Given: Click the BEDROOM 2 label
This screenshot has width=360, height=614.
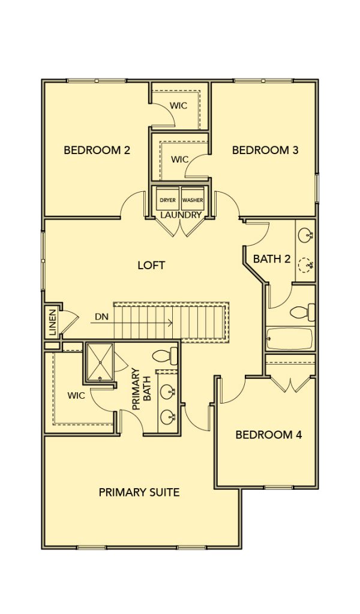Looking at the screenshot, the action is [x=97, y=150].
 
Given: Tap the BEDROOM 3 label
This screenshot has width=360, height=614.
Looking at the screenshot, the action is [x=265, y=150].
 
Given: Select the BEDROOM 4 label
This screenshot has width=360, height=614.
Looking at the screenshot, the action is [x=269, y=435].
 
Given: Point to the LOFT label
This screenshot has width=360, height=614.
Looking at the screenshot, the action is [x=151, y=266].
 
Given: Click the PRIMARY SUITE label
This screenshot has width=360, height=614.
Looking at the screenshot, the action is [x=139, y=492].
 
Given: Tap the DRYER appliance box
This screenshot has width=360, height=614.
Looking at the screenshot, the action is [x=167, y=198].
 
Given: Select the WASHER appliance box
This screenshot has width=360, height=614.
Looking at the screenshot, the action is [x=193, y=198].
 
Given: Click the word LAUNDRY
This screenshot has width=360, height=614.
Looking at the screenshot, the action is [x=181, y=215].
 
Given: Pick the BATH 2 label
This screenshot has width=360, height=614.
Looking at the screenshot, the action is [x=272, y=259].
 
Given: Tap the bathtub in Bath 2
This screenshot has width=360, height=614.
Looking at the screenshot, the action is [x=290, y=339].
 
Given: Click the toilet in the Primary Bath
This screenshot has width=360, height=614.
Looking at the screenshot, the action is [x=164, y=356].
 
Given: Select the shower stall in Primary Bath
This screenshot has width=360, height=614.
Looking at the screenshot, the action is [x=100, y=362].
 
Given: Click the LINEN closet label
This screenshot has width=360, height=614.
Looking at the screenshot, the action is [x=52, y=323].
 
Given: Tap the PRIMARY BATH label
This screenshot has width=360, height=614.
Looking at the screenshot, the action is [x=142, y=389].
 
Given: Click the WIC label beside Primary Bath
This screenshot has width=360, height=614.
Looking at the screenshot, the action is [x=76, y=396].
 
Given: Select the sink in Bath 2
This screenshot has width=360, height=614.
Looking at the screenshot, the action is [x=305, y=236].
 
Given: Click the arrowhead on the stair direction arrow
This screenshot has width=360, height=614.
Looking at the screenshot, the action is [x=170, y=323].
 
